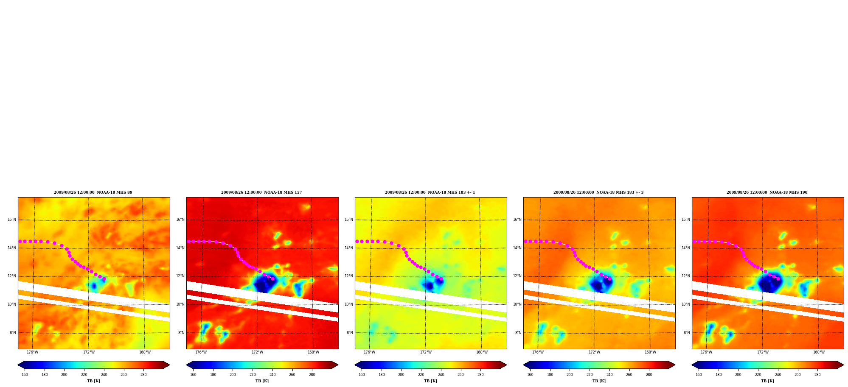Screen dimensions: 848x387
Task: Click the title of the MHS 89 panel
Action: click(93, 192)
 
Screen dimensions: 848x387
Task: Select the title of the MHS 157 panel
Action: click(261, 192)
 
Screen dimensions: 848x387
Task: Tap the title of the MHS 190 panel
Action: click(767, 192)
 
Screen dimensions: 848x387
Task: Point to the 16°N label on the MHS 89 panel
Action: click(12, 220)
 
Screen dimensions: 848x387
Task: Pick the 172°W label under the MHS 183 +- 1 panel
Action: click(426, 352)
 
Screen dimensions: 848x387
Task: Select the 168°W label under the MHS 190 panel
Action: click(819, 352)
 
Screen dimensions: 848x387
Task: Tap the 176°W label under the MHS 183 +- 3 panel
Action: click(538, 352)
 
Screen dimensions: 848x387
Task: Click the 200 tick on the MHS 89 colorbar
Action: click(64, 374)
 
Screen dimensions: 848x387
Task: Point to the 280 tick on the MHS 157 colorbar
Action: click(312, 374)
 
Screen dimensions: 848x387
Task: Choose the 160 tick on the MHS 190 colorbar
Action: click(699, 374)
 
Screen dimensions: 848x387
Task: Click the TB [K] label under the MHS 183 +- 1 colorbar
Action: click(430, 381)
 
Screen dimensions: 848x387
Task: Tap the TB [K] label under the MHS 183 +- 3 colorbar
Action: click(599, 381)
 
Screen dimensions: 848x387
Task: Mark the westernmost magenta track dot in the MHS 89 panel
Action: click(20, 241)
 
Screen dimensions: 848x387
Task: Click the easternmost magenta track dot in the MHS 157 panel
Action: click(272, 278)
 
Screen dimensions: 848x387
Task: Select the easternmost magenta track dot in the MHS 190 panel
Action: click(778, 278)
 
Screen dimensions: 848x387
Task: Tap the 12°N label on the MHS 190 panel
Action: click(686, 276)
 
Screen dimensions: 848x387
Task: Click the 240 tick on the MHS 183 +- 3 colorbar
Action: click(609, 374)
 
